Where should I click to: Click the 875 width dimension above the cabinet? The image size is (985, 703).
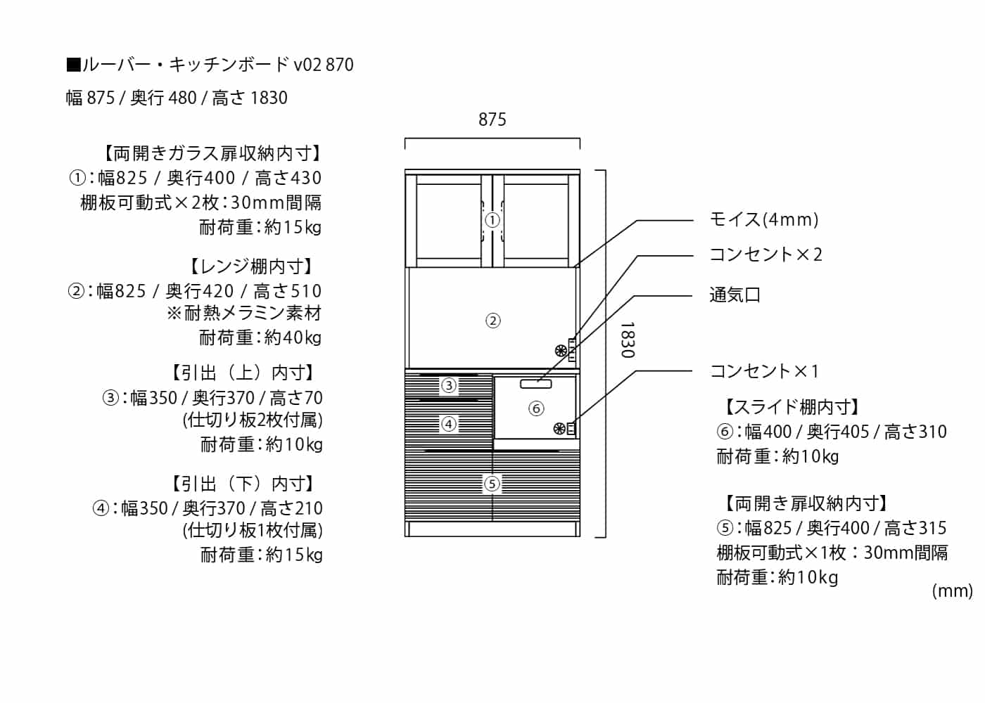[492, 120]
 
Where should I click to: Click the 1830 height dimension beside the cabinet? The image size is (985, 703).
[627, 340]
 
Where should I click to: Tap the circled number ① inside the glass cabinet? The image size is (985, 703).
[493, 220]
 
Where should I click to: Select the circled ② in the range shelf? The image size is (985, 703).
[493, 321]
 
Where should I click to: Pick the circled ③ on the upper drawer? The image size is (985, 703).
[448, 385]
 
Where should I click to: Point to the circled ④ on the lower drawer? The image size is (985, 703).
[448, 424]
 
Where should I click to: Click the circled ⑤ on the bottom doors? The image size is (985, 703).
[492, 484]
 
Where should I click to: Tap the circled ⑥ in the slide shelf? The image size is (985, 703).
[536, 408]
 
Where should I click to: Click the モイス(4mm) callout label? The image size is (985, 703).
[763, 219]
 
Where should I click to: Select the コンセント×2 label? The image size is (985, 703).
[765, 254]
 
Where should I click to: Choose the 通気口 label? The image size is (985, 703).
[735, 295]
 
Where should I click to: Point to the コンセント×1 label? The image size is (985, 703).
[764, 370]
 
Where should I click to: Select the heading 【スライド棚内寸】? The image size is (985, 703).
[792, 406]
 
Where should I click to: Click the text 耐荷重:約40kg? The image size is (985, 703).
[260, 338]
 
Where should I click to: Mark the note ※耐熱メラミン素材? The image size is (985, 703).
[244, 314]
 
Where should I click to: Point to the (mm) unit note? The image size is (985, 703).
[952, 591]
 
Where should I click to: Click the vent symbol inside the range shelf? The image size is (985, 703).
[561, 349]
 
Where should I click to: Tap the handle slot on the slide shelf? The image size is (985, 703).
[536, 383]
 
